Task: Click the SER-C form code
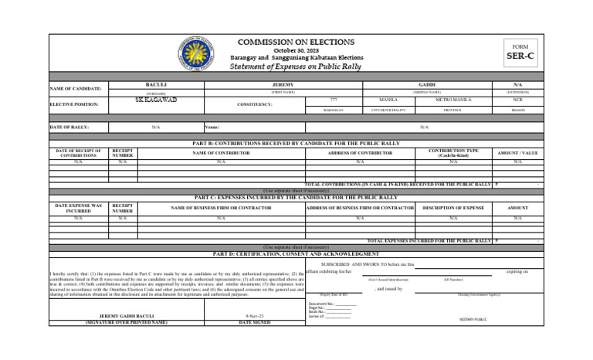coord(520,56)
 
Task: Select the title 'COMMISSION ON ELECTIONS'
coord(296,42)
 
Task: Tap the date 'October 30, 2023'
coord(296,50)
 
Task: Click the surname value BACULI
coord(156,83)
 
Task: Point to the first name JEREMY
coord(283,83)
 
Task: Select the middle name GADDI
coord(426,83)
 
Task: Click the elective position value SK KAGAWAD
coord(156,100)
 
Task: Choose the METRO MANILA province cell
coord(453,100)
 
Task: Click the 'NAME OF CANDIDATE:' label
coord(76,88)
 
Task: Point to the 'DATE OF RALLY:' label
coord(69,127)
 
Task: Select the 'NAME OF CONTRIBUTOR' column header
coord(221,153)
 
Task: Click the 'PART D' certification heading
coord(296,253)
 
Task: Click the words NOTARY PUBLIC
coord(472,318)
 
